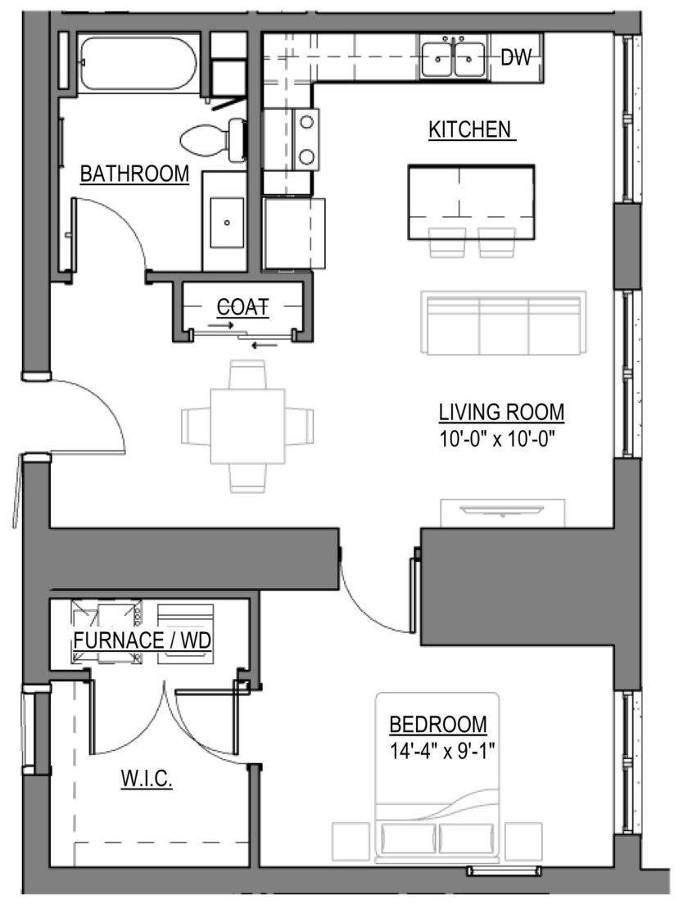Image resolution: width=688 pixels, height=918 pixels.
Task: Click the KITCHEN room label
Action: [471, 129]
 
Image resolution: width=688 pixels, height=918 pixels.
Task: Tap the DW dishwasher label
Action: [515, 57]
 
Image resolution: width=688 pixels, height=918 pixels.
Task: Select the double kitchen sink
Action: [455, 57]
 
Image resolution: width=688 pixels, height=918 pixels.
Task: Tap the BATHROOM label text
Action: [134, 174]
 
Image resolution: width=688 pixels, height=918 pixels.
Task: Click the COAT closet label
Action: [242, 306]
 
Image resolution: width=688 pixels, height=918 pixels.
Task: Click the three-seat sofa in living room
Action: [503, 323]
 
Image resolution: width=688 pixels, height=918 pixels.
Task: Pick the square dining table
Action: [247, 426]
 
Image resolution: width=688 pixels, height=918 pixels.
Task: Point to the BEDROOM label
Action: [438, 725]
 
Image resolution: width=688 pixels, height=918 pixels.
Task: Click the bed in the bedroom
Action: [437, 786]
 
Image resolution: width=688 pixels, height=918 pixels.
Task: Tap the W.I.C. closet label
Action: [147, 780]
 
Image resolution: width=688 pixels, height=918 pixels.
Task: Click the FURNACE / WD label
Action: [143, 640]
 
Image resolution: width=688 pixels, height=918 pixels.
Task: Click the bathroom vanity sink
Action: [227, 222]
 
